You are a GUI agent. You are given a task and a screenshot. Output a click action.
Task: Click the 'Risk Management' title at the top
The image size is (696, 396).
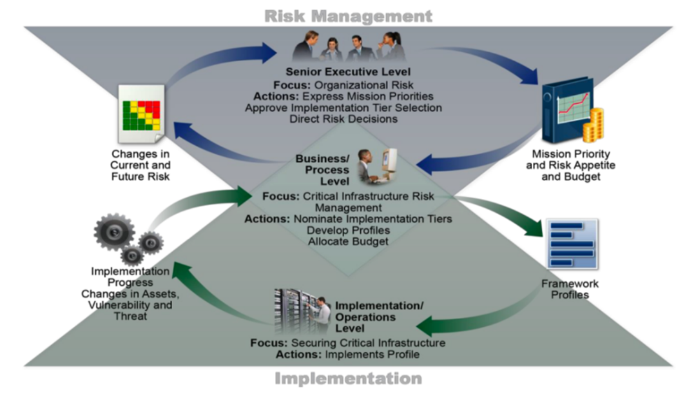[x=348, y=15]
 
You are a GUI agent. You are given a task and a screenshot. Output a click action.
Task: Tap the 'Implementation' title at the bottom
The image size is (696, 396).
[x=348, y=379]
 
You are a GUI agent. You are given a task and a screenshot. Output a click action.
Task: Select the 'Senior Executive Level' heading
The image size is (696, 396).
[x=348, y=72]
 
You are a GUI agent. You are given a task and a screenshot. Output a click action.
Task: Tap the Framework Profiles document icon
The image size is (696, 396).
[x=572, y=244]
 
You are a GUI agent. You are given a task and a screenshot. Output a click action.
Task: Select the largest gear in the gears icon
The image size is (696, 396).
[x=114, y=232]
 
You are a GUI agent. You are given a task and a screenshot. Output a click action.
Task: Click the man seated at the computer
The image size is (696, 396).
[x=365, y=166]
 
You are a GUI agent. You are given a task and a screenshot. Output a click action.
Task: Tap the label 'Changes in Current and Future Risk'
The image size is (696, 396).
[x=140, y=165]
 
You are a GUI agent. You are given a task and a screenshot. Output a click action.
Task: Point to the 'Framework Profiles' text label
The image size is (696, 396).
[x=570, y=289]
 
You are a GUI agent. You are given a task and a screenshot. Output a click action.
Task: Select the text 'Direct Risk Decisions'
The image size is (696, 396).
[x=343, y=119]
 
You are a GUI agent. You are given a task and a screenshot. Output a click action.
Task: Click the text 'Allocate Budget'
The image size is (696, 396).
[x=348, y=241]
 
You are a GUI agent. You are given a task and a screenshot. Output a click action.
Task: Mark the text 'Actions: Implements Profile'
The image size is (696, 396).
[x=347, y=354]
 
